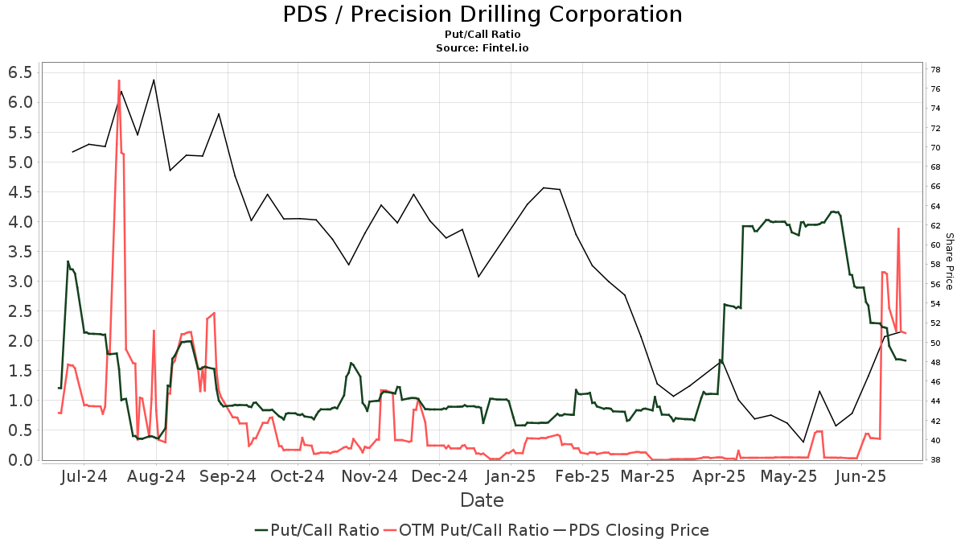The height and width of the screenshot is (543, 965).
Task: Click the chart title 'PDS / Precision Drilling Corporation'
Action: [x=482, y=14]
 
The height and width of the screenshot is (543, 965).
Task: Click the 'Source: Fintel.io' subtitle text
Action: [x=482, y=47]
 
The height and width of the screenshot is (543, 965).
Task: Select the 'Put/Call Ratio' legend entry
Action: [x=317, y=530]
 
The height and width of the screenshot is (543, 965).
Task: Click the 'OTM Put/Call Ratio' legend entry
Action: [x=466, y=530]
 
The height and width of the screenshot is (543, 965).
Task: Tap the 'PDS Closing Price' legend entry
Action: [x=639, y=530]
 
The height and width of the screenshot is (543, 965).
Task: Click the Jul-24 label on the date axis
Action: [x=84, y=477]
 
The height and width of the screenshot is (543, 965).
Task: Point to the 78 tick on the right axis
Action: [x=936, y=69]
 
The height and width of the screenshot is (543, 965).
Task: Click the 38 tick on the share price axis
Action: [x=936, y=460]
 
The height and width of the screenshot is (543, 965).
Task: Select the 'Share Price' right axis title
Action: [x=949, y=261]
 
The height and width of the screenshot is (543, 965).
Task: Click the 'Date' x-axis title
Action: [x=482, y=500]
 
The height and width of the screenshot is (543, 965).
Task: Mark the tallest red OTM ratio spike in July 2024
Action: [x=119, y=80]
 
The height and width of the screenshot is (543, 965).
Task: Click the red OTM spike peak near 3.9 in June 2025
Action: [x=898, y=228]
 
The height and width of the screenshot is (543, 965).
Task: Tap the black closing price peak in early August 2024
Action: [x=154, y=80]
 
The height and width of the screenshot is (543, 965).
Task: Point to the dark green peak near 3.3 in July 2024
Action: [x=68, y=261]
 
